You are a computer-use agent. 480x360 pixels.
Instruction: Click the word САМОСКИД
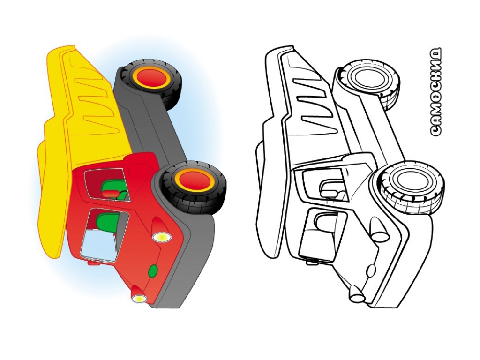pos(435,91)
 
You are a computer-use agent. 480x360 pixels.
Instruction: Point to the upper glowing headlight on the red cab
pos(162,237)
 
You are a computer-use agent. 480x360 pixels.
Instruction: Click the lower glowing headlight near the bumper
pos(139,299)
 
